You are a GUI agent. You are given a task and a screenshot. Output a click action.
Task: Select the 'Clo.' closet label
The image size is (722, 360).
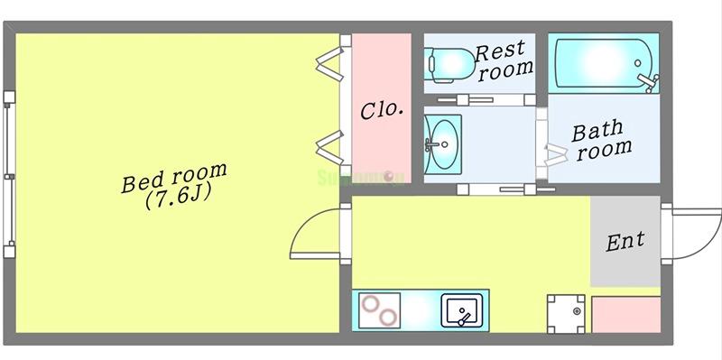tap(382, 111)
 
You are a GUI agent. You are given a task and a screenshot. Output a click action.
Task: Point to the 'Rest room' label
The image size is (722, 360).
tap(503, 60)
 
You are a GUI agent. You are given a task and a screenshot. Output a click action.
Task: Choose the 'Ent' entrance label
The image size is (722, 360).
tap(625, 241)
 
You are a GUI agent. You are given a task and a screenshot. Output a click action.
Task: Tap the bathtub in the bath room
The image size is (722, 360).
tap(599, 62)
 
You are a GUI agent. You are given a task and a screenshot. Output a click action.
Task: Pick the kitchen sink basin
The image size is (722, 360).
tap(462, 312)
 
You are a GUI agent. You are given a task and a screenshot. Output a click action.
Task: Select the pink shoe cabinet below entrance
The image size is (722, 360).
tap(625, 313)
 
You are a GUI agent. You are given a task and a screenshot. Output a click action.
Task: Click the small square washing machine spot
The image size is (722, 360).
tap(566, 313)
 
